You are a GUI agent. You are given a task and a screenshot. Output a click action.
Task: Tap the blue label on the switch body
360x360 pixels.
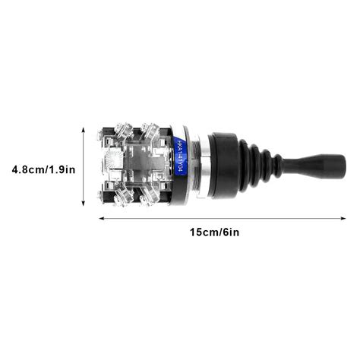pos(180,157)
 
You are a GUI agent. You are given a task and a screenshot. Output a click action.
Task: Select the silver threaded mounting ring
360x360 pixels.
pos(200,165)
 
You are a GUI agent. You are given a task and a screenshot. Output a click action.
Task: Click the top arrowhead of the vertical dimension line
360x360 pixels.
pos(84,129)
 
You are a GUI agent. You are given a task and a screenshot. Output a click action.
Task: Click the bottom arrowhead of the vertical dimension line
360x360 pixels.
pos(84,205)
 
